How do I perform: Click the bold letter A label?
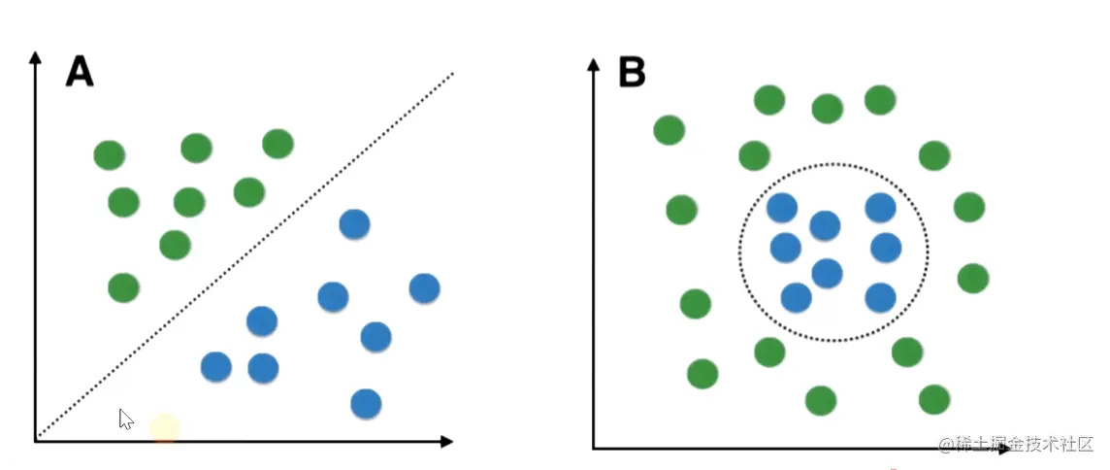click(80, 71)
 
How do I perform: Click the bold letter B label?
click(632, 71)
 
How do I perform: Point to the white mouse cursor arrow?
click(125, 419)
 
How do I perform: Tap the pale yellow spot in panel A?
click(165, 427)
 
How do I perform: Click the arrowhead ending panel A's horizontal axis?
click(446, 442)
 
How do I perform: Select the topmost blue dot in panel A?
click(354, 224)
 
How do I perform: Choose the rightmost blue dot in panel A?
click(424, 287)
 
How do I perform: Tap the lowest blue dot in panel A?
click(365, 402)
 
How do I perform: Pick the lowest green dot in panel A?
click(123, 287)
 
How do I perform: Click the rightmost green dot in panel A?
click(278, 144)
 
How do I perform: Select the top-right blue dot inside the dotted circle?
click(880, 207)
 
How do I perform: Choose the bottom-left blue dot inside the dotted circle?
click(796, 297)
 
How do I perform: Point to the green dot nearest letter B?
click(669, 129)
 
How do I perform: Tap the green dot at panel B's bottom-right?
click(933, 398)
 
